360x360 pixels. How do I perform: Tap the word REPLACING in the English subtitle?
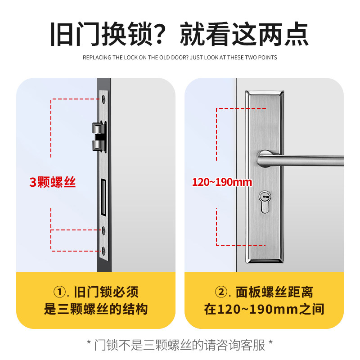coord(96,58)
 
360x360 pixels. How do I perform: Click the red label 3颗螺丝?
coord(53,183)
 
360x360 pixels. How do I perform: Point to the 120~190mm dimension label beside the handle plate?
coord(216,183)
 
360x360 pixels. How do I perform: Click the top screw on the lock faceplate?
coord(104,99)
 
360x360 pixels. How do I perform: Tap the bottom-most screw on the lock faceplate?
coord(104,250)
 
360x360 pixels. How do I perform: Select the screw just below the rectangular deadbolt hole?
coord(104,230)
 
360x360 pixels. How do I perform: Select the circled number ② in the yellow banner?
coord(221,292)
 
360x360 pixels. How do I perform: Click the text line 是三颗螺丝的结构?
coord(96,310)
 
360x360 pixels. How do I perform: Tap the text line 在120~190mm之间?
coord(264,310)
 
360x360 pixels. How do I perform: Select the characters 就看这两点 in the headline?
coord(244,34)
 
